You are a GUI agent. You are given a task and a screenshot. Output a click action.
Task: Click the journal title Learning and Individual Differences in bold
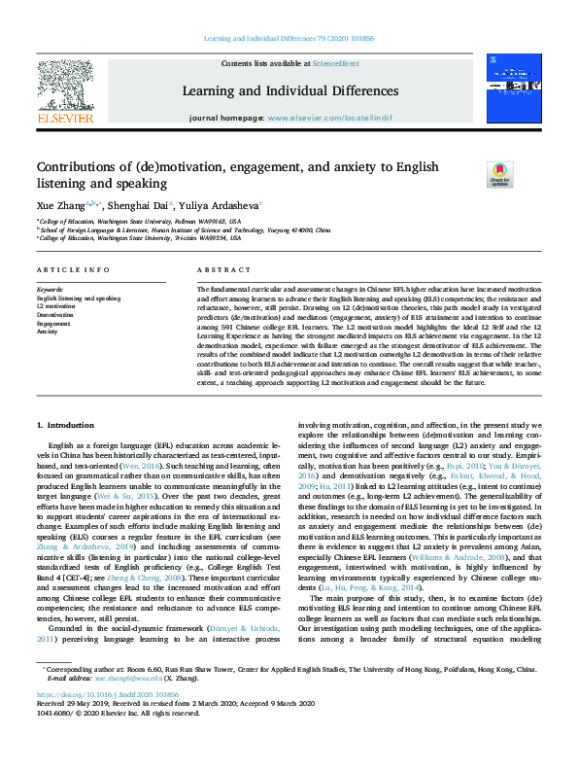[x=289, y=91]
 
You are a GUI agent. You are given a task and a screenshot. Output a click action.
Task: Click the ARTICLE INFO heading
[x=73, y=269]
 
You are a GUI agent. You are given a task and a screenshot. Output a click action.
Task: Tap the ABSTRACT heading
[x=217, y=269]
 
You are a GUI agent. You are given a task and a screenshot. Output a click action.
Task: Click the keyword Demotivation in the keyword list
[x=56, y=315]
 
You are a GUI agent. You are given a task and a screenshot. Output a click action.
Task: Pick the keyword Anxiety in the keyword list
[x=48, y=332]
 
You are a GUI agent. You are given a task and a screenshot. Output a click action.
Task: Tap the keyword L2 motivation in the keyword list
[x=56, y=306]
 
